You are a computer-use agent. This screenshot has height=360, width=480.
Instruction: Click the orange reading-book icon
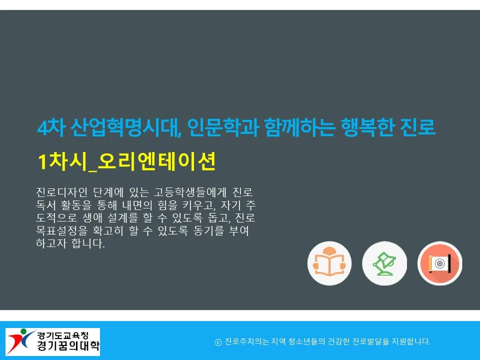(x=329, y=263)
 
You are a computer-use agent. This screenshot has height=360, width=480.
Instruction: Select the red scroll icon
(x=439, y=263)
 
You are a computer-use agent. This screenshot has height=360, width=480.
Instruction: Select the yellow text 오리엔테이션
(x=157, y=161)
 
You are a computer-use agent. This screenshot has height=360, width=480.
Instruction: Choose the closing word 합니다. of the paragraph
(x=90, y=245)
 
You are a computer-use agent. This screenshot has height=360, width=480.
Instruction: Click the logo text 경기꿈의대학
(x=68, y=346)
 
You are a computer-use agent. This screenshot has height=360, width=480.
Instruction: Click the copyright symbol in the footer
(x=218, y=342)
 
